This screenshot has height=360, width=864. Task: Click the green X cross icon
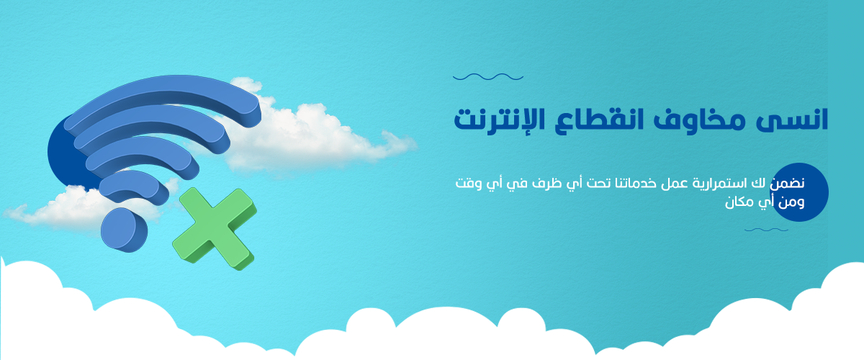[215, 229]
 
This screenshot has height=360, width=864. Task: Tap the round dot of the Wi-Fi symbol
[124, 230]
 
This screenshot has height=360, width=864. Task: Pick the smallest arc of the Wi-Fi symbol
[134, 187]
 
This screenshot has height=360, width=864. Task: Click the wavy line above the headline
[488, 77]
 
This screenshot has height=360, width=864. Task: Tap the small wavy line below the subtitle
[766, 230]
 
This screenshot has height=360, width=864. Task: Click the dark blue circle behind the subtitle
[799, 192]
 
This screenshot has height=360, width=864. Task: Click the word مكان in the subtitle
[739, 202]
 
